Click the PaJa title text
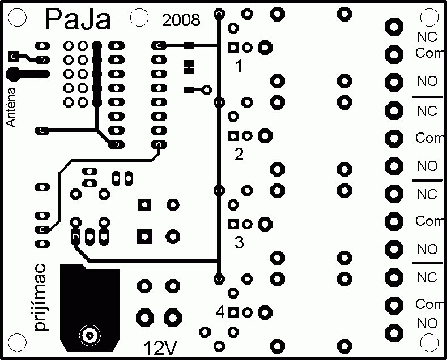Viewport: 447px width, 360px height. point(78,19)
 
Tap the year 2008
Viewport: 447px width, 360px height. point(181,20)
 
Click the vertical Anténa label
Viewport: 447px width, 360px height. point(11,107)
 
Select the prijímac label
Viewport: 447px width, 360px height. point(40,298)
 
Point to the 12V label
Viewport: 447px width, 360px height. point(160,348)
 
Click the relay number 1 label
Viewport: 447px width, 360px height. point(239,66)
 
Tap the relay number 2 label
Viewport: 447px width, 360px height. point(239,154)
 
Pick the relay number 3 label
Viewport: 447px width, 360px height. point(239,242)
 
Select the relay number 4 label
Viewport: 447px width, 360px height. point(220,312)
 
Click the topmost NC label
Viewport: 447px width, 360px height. point(427,37)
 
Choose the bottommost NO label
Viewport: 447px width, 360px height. point(427,324)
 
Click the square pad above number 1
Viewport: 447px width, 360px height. point(233,48)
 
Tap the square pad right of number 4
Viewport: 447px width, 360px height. point(233,313)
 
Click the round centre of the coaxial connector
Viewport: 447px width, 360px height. point(90,336)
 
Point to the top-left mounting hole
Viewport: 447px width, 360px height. point(18,18)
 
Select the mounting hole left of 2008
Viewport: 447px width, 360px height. point(139,18)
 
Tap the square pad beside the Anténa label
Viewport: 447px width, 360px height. point(14,57)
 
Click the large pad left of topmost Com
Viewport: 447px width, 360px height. point(394,54)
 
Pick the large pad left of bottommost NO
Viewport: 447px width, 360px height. point(394,333)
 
